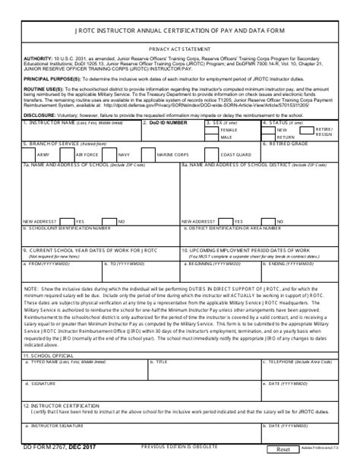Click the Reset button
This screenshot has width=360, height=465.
[284, 450]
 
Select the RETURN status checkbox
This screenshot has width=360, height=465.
[270, 138]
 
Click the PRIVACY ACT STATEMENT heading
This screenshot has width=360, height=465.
[179, 68]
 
